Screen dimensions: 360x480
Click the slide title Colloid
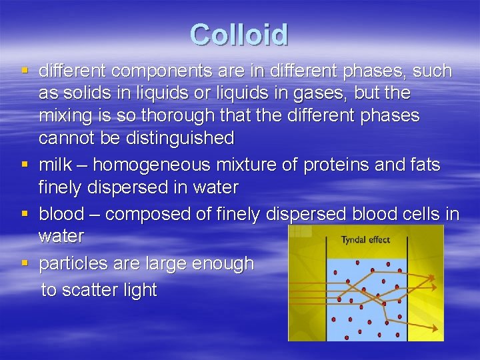pos(239,35)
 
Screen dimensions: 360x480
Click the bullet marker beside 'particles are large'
pos(25,263)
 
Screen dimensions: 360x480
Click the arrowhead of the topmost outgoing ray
pos(431,277)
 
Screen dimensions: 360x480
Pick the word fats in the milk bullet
pos(421,165)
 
